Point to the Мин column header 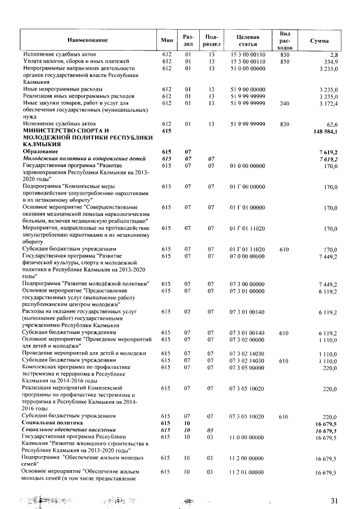tap(166, 40)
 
